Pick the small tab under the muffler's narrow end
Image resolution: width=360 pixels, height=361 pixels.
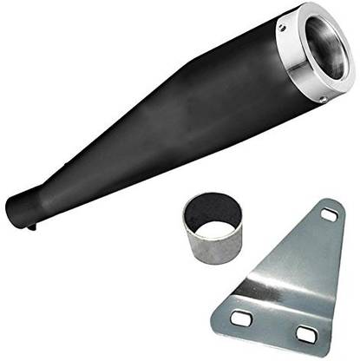pyautogui.click(x=32, y=226)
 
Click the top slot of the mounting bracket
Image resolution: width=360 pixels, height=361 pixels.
pyautogui.click(x=329, y=213)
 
